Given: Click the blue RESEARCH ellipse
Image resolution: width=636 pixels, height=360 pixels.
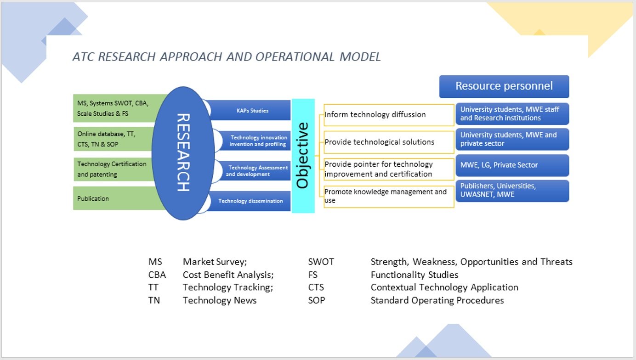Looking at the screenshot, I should pyautogui.click(x=182, y=152).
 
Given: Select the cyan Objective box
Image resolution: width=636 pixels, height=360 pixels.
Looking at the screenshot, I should pyautogui.click(x=303, y=156).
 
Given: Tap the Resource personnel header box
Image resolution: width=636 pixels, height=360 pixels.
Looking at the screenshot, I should pyautogui.click(x=504, y=86).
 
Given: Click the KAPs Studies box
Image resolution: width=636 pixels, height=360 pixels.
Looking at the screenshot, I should pyautogui.click(x=250, y=111).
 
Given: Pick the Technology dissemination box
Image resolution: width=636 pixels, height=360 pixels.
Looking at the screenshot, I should pyautogui.click(x=250, y=201).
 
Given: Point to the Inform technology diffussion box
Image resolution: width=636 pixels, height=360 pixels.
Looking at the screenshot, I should pyautogui.click(x=389, y=115).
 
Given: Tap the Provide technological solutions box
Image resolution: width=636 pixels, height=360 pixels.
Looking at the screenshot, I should pyautogui.click(x=389, y=142).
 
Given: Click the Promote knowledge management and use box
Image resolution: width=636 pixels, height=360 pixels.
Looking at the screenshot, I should pyautogui.click(x=389, y=196).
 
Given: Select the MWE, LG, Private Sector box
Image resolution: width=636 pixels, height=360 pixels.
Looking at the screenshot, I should pyautogui.click(x=512, y=165).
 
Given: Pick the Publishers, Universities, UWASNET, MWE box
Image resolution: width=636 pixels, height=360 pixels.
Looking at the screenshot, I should pyautogui.click(x=512, y=191).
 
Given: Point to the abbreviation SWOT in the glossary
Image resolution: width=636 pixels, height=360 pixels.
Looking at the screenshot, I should pyautogui.click(x=321, y=262).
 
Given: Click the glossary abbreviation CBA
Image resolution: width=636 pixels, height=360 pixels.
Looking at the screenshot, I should pyautogui.click(x=157, y=275).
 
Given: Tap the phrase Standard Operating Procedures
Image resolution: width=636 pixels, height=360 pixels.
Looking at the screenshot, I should pyautogui.click(x=437, y=300).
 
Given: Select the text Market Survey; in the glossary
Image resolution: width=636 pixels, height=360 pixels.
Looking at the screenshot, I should pyautogui.click(x=215, y=262).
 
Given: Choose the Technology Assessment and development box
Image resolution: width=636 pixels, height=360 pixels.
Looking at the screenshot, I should pyautogui.click(x=256, y=171).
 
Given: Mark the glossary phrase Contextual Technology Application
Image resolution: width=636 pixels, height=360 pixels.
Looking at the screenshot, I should pyautogui.click(x=444, y=287).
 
